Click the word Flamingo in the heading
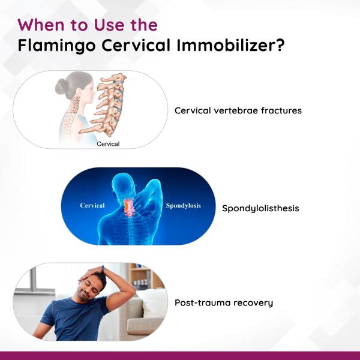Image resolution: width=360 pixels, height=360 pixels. [x=56, y=46]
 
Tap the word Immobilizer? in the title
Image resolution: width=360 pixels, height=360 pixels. [x=230, y=45]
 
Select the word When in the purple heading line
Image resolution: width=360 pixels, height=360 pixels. [x=41, y=25]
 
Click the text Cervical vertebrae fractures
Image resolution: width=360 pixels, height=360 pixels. [x=238, y=110]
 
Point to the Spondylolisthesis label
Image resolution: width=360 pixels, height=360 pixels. [x=260, y=208]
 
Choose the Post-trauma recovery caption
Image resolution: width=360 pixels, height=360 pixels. [x=224, y=303]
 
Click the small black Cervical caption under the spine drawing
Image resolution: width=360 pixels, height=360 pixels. [x=108, y=144]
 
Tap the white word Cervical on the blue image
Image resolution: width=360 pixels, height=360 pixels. [x=92, y=205]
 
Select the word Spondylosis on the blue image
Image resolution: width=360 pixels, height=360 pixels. [x=183, y=205]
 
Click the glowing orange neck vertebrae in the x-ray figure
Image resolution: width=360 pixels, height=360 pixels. [x=128, y=207]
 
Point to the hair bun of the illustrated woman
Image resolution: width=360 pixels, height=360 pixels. [x=61, y=88]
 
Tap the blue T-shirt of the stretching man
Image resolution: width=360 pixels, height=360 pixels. [x=73, y=319]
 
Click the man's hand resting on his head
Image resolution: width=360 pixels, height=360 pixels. [x=92, y=273]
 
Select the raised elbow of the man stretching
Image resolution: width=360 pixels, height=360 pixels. [x=130, y=289]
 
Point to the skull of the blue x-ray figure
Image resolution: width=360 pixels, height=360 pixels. [x=122, y=183]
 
